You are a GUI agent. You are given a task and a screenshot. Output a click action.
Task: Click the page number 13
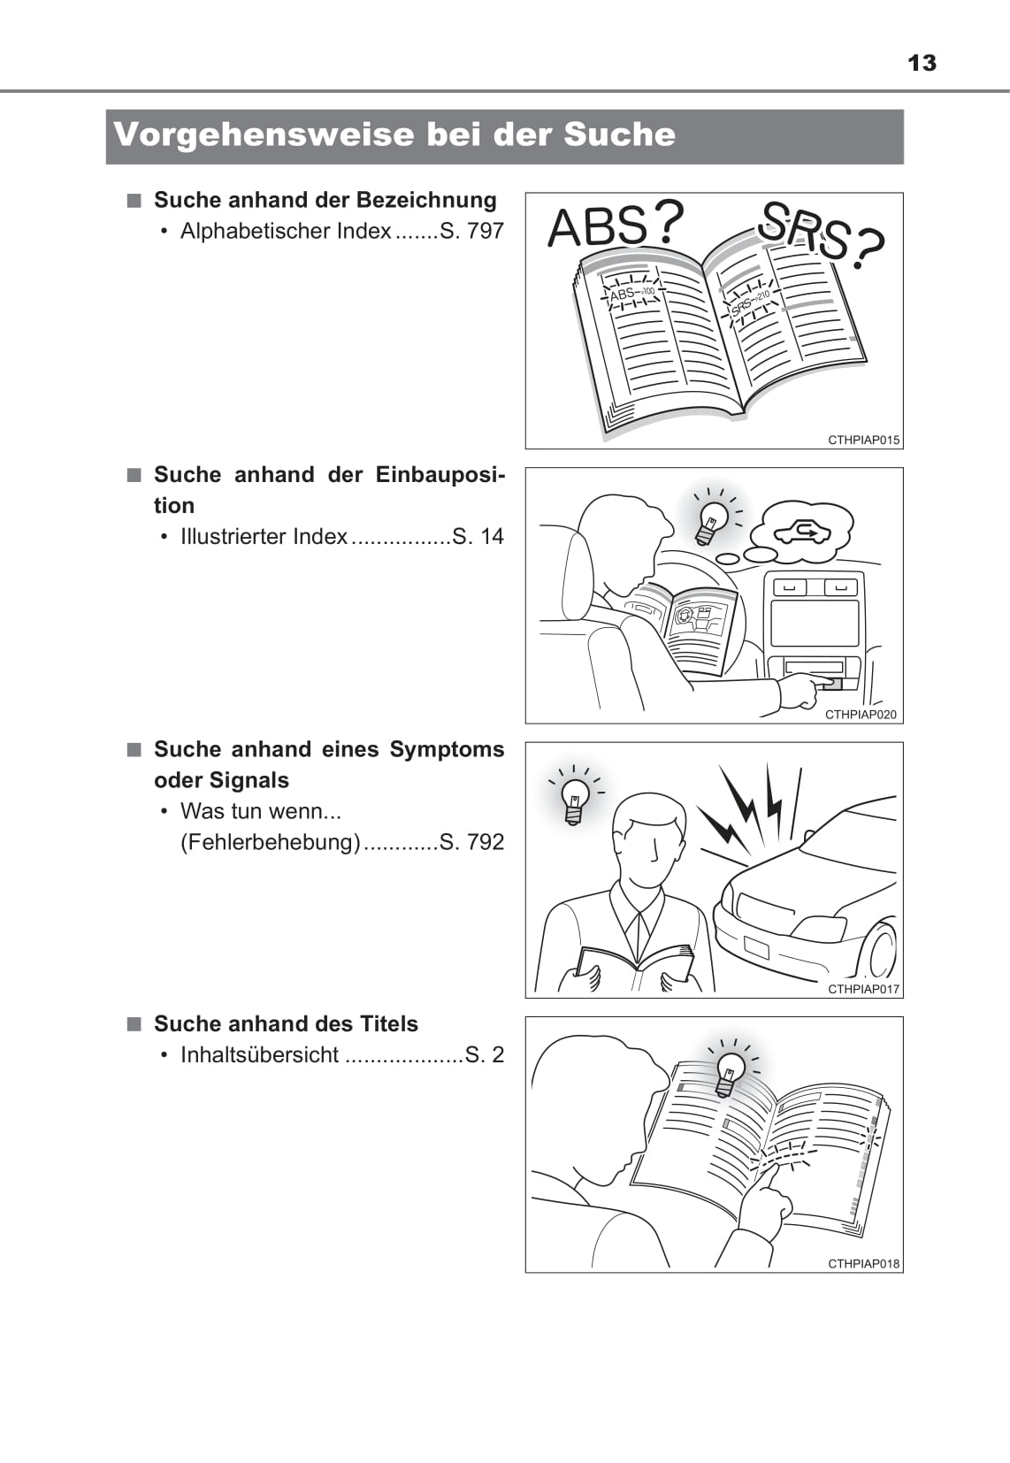(x=922, y=64)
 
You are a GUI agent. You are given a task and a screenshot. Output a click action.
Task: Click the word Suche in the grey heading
(x=619, y=134)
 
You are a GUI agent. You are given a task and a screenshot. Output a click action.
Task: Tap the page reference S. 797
(x=472, y=231)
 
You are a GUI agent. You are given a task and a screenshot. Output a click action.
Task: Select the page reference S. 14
(x=478, y=537)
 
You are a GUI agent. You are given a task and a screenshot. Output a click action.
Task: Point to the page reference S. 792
(x=472, y=843)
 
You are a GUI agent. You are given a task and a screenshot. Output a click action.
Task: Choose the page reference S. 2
(x=485, y=1055)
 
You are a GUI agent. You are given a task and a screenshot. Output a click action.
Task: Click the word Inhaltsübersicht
(x=260, y=1055)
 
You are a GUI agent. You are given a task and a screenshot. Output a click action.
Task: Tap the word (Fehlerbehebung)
(x=271, y=843)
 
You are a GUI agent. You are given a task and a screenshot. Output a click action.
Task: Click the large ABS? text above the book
(x=615, y=224)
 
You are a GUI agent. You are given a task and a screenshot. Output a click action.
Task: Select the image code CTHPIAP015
(x=864, y=440)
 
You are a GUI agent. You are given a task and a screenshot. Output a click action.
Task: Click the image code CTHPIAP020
(x=861, y=715)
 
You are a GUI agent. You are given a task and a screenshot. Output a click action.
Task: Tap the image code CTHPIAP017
(x=864, y=990)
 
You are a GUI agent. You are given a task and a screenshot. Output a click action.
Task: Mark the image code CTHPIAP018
(x=864, y=1264)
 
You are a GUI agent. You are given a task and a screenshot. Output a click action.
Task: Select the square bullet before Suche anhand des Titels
(x=134, y=1024)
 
